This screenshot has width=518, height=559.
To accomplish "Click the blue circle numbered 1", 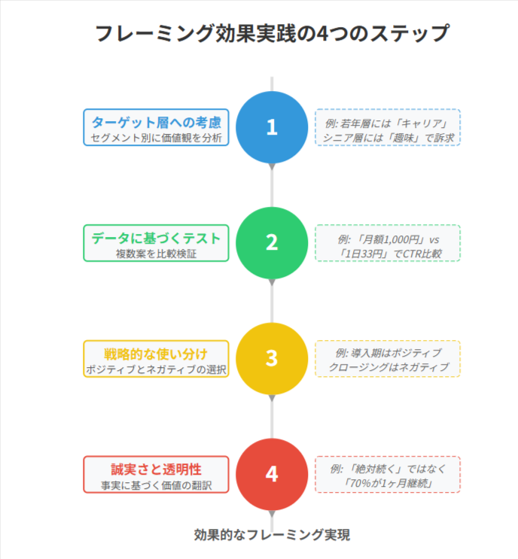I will pyautogui.click(x=272, y=126).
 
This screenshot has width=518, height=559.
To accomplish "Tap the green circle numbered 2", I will pyautogui.click(x=272, y=242).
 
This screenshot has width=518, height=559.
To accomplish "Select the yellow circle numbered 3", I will pyautogui.click(x=272, y=358).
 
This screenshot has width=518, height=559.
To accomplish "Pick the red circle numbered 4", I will pyautogui.click(x=272, y=474).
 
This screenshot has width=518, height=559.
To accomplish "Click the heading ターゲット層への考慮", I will pyautogui.click(x=156, y=122).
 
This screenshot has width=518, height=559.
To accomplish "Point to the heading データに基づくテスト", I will pyautogui.click(x=156, y=238).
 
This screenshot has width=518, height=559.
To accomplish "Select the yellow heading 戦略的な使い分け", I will pyautogui.click(x=156, y=354).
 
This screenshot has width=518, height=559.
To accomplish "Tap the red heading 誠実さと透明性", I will pyautogui.click(x=156, y=469).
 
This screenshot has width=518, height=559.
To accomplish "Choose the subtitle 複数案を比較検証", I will pyautogui.click(x=156, y=254).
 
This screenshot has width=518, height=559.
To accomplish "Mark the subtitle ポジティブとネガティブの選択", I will pyautogui.click(x=156, y=370).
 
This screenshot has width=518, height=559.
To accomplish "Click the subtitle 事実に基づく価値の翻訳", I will pyautogui.click(x=156, y=486).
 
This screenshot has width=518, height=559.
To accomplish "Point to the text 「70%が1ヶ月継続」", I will pyautogui.click(x=388, y=482).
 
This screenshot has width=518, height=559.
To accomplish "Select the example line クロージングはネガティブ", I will pyautogui.click(x=388, y=367).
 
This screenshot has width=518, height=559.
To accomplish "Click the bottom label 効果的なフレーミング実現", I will pyautogui.click(x=272, y=535).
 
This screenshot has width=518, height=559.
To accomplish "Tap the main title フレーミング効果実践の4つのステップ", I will pyautogui.click(x=272, y=35).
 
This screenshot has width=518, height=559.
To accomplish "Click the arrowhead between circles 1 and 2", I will pyautogui.click(x=272, y=167).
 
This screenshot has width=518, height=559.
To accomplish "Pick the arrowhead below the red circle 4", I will pyautogui.click(x=272, y=515).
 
